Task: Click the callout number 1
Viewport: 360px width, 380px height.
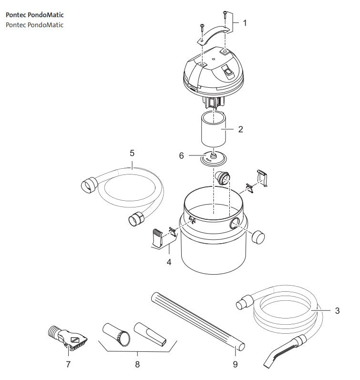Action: click(245, 23)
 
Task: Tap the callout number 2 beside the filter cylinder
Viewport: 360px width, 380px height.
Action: click(240, 129)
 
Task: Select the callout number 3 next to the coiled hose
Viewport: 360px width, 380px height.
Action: click(337, 311)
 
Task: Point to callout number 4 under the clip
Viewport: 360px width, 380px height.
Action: click(169, 262)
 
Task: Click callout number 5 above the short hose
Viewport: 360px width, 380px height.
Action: click(132, 153)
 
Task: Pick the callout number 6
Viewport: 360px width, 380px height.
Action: click(181, 155)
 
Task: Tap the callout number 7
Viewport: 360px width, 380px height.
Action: click(68, 364)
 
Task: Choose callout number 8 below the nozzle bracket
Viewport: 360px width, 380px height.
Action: click(137, 364)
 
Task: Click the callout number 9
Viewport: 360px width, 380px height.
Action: click(235, 364)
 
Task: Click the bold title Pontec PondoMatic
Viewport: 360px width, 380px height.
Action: click(35, 15)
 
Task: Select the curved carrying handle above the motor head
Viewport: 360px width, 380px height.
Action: click(213, 34)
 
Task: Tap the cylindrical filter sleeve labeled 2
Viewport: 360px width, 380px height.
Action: click(213, 129)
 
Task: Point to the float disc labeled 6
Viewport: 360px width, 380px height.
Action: click(213, 158)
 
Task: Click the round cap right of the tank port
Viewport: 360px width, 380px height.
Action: click(258, 237)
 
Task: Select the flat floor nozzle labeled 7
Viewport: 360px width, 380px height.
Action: click(67, 338)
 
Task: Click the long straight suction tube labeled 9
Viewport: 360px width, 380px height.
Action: click(197, 321)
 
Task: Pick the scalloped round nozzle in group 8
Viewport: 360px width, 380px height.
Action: click(116, 334)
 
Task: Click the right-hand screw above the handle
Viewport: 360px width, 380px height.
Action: click(225, 15)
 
